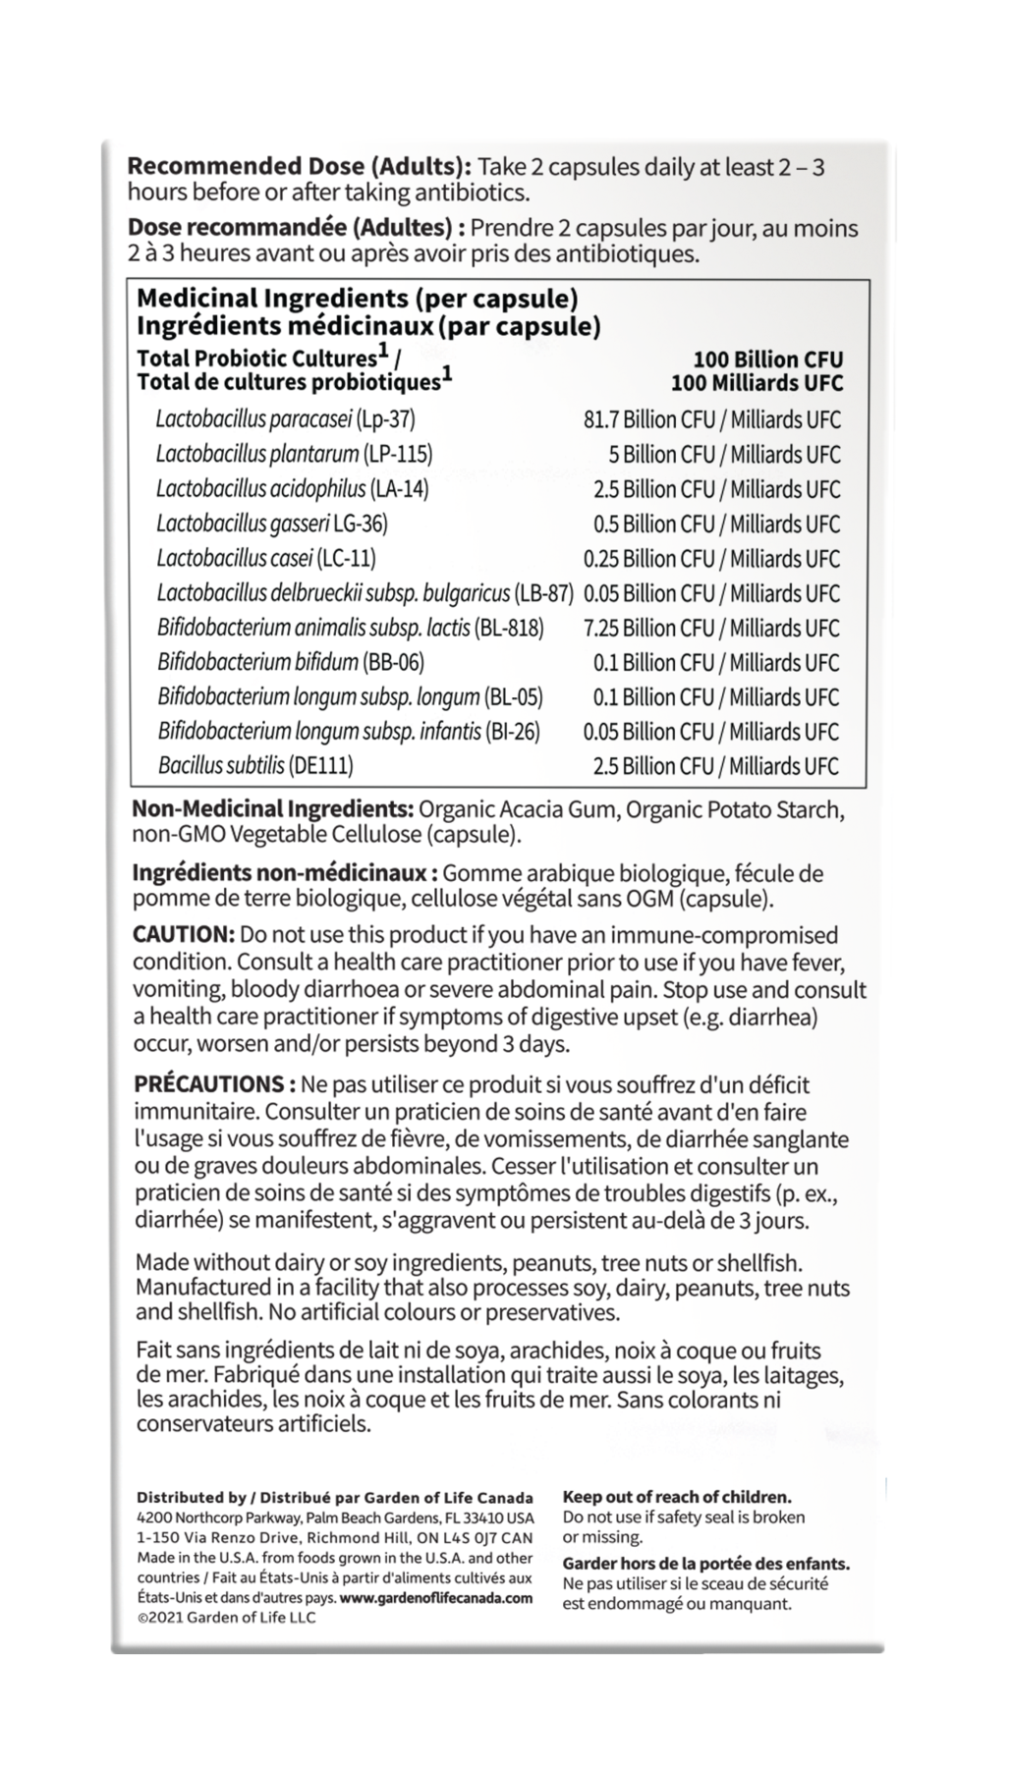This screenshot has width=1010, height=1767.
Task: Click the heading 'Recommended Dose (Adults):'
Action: coord(300,167)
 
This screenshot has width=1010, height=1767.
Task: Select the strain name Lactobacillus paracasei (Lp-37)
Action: coord(285,419)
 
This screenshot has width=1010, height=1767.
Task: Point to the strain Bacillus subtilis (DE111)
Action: coord(254,765)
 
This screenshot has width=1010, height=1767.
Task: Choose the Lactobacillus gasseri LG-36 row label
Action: coord(271,524)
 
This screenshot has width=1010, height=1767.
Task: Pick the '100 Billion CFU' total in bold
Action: coord(767,360)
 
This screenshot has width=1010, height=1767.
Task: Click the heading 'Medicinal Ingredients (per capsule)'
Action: coord(357,299)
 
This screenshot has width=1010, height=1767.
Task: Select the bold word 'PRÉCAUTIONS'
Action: coord(209,1084)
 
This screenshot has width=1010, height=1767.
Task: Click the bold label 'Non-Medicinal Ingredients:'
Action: coord(272,810)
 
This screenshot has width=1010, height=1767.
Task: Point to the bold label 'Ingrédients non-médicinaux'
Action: coord(279,873)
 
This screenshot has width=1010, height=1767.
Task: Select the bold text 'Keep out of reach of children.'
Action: coord(676,1497)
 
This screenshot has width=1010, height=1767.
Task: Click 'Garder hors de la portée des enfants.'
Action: coord(705,1564)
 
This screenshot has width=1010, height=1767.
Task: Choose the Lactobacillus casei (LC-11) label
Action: coord(265,558)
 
